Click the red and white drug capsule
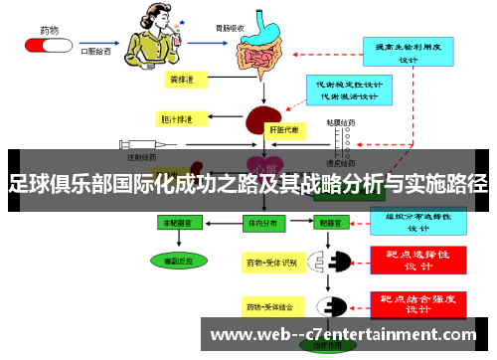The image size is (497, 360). (x=45, y=46)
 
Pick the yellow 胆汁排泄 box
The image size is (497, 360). (x=180, y=119)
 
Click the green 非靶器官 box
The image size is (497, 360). (x=179, y=224)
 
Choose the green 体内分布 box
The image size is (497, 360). (x=262, y=224)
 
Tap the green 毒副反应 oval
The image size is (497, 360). (x=179, y=260)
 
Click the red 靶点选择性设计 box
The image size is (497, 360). (x=417, y=260)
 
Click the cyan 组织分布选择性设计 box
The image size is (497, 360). (x=417, y=219)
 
